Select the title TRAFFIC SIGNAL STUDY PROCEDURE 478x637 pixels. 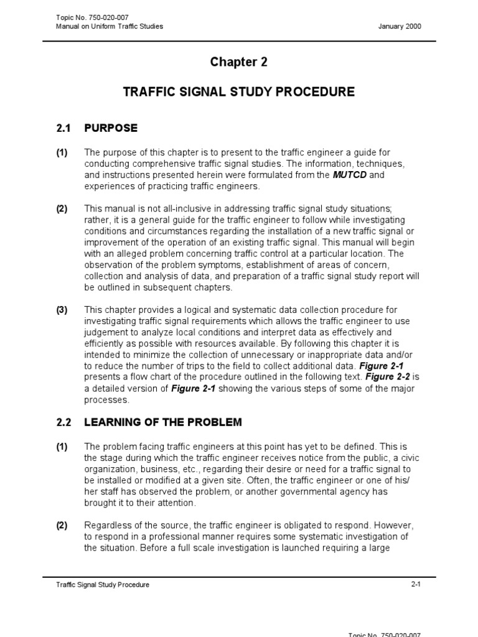[239, 92]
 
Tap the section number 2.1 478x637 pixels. [64, 128]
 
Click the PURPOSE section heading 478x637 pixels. [111, 128]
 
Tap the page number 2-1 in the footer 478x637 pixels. [416, 584]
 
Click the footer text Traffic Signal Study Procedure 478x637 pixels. [103, 585]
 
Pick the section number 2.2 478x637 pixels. [64, 422]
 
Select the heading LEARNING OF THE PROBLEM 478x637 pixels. [162, 422]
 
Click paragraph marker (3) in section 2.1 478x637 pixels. [62, 310]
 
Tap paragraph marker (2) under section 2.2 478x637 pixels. [62, 526]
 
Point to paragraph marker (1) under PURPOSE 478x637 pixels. [62, 152]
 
